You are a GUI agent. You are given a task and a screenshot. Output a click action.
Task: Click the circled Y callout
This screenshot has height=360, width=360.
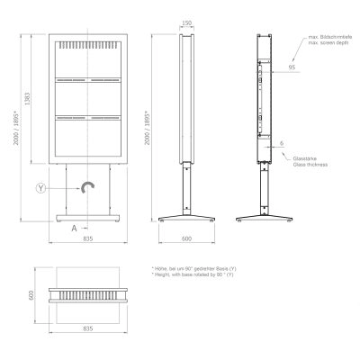pos(40,187)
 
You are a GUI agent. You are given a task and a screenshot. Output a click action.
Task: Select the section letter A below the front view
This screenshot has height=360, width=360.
pos(74,227)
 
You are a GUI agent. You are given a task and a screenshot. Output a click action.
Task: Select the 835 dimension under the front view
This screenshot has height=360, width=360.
pos(88,239)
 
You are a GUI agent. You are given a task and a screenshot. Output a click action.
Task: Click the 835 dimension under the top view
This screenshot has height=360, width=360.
pos(88,328)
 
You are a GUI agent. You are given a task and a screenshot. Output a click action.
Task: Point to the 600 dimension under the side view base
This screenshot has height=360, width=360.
pos(186,239)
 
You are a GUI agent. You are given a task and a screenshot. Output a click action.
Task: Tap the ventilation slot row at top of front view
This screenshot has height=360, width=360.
pos(88,43)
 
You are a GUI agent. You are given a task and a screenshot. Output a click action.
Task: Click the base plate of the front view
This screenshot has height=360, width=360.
pos(88,218)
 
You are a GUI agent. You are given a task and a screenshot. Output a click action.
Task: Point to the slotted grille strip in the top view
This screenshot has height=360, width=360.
pos(88,293)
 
